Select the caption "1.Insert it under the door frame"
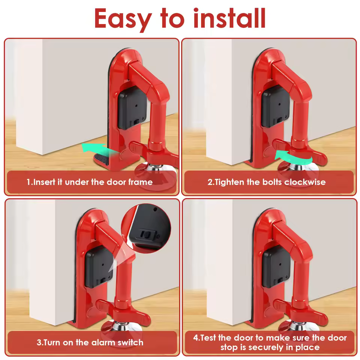[x=90, y=182]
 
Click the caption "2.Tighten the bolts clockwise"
[x=267, y=182]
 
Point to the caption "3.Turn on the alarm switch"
[x=90, y=342]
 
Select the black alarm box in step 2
[x=276, y=106]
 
